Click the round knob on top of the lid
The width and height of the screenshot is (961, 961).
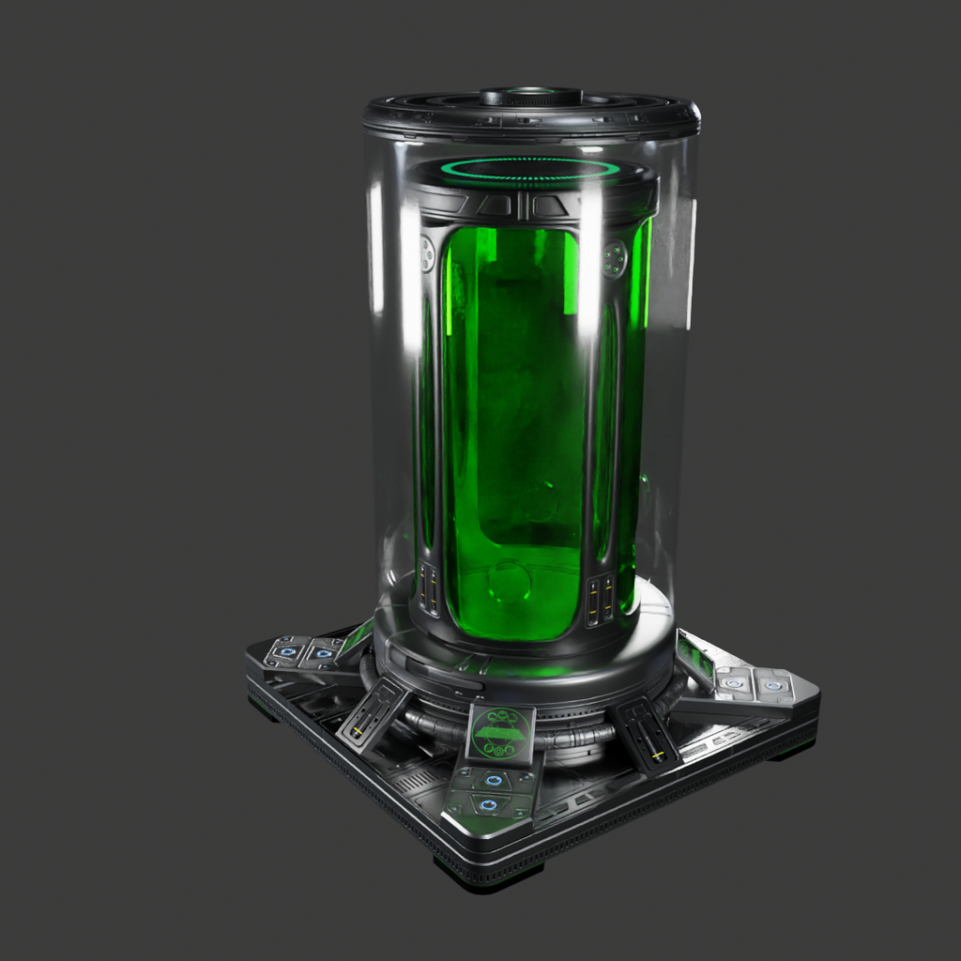click(x=531, y=96)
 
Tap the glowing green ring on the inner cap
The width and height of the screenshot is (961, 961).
click(x=531, y=170)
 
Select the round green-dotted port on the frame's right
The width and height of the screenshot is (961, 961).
click(x=614, y=258)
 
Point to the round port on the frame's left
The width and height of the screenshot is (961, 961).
click(x=427, y=253)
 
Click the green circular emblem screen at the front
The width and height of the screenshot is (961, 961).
click(x=500, y=733)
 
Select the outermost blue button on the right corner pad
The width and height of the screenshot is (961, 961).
click(x=773, y=685)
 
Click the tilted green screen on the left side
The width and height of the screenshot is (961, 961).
click(x=357, y=638)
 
